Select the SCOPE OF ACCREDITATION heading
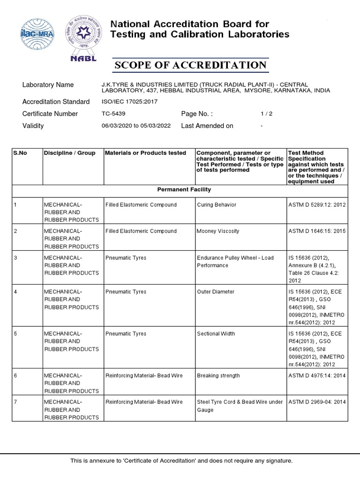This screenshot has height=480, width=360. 191,65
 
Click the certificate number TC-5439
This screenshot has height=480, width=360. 113,114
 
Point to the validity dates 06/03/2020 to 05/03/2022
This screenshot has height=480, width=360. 136,126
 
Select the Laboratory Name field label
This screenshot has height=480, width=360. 48,85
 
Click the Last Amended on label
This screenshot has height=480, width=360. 207,126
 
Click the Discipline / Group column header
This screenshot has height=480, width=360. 69,153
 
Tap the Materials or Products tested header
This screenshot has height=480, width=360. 145,153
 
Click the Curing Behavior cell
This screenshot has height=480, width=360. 217,205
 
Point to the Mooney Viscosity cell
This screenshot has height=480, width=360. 218,231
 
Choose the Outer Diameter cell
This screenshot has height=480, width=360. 216,292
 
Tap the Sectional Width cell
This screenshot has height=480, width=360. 216,334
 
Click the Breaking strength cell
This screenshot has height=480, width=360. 218,375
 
